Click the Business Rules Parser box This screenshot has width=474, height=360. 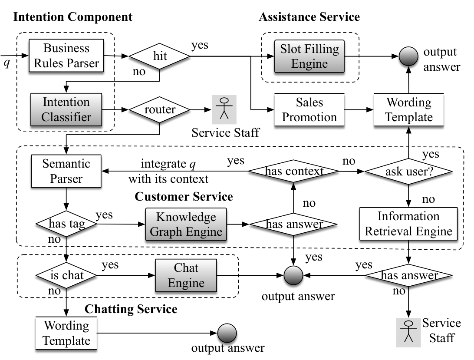[x=66, y=56]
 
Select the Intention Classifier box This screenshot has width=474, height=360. [x=66, y=109]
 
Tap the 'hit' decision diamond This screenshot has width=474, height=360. [x=159, y=56]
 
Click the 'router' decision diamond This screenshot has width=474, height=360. [x=159, y=109]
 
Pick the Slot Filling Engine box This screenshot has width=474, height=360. [x=309, y=56]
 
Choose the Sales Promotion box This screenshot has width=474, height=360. [x=309, y=109]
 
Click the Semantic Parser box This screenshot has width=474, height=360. [x=66, y=171]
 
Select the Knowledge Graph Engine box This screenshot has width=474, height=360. [x=186, y=224]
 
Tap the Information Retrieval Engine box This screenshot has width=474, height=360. [x=408, y=224]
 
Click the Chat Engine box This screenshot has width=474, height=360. [x=186, y=275]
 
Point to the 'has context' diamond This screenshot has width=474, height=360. [x=293, y=171]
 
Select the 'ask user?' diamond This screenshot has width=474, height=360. [x=408, y=172]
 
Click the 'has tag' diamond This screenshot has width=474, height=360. [x=66, y=224]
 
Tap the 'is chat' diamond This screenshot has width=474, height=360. [x=66, y=276]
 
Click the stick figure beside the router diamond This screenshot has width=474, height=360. [x=224, y=109]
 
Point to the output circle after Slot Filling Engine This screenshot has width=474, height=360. [x=408, y=56]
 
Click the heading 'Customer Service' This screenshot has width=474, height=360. [x=184, y=197]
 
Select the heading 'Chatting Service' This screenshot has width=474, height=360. [x=131, y=309]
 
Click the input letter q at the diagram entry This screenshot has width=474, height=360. [x=7, y=63]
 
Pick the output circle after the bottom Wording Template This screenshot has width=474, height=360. [x=227, y=333]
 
